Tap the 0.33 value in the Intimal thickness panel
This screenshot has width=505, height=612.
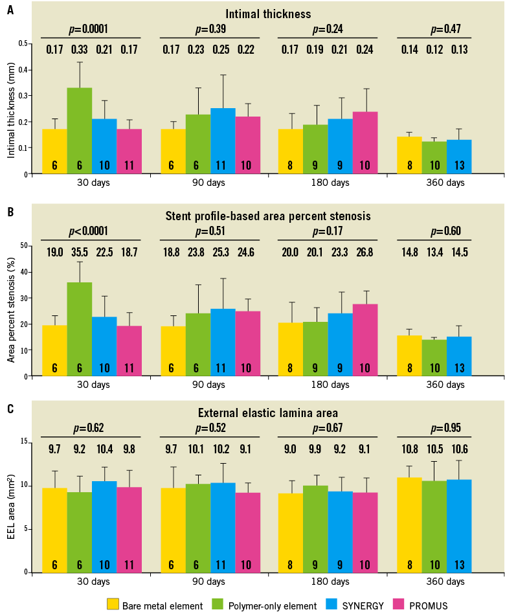coord(80,49)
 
